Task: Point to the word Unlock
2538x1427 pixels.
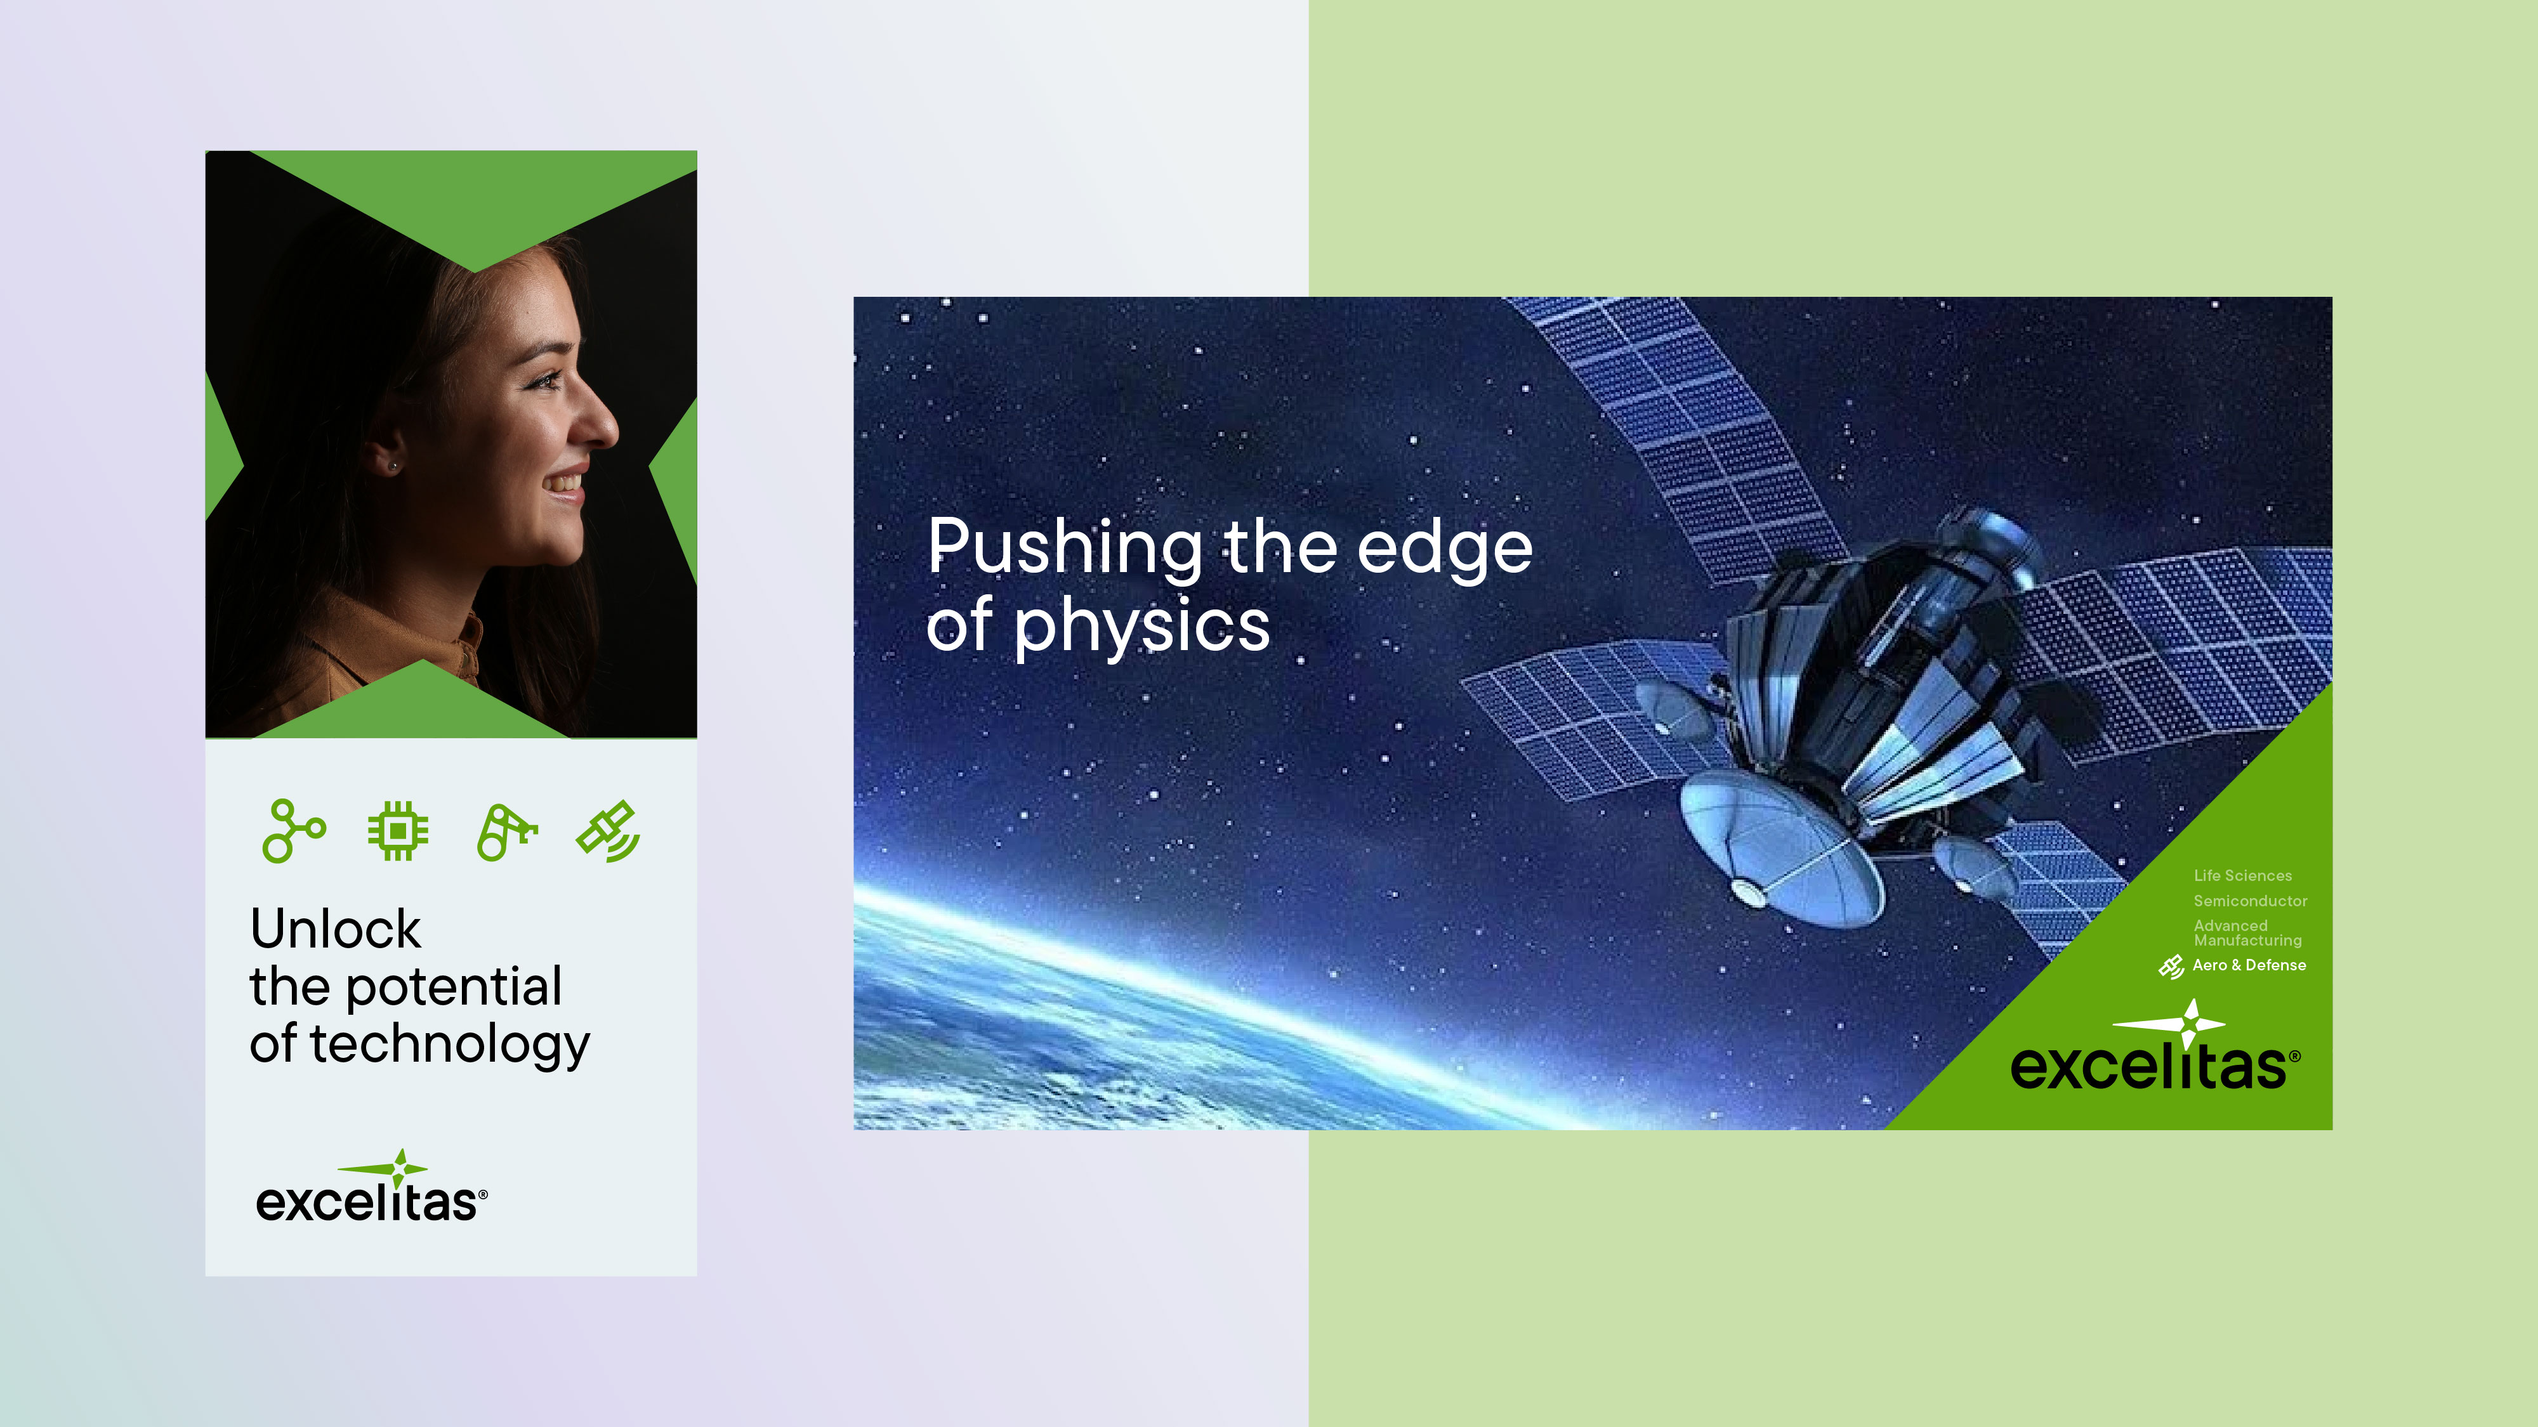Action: pyautogui.click(x=336, y=929)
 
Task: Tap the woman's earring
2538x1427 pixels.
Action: pyautogui.click(x=393, y=465)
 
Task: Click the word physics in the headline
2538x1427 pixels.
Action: pyautogui.click(x=1142, y=627)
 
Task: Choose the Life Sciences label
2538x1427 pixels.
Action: pyautogui.click(x=2242, y=875)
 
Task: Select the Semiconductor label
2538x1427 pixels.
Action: pyautogui.click(x=2251, y=901)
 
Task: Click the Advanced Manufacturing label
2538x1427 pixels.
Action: pyautogui.click(x=2247, y=932)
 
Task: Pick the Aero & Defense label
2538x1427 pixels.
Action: pyautogui.click(x=2249, y=965)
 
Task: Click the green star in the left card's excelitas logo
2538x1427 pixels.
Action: pyautogui.click(x=399, y=1169)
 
